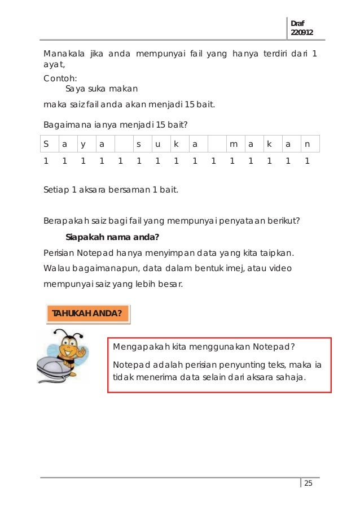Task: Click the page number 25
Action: pyautogui.click(x=308, y=483)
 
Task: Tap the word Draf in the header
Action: pyautogui.click(x=296, y=23)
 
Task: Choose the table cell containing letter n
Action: pyautogui.click(x=307, y=144)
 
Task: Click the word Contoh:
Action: pyautogui.click(x=60, y=79)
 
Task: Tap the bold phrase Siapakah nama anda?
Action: pyautogui.click(x=112, y=237)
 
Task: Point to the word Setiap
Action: pyautogui.click(x=56, y=190)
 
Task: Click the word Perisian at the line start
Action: pyautogui.click(x=59, y=252)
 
